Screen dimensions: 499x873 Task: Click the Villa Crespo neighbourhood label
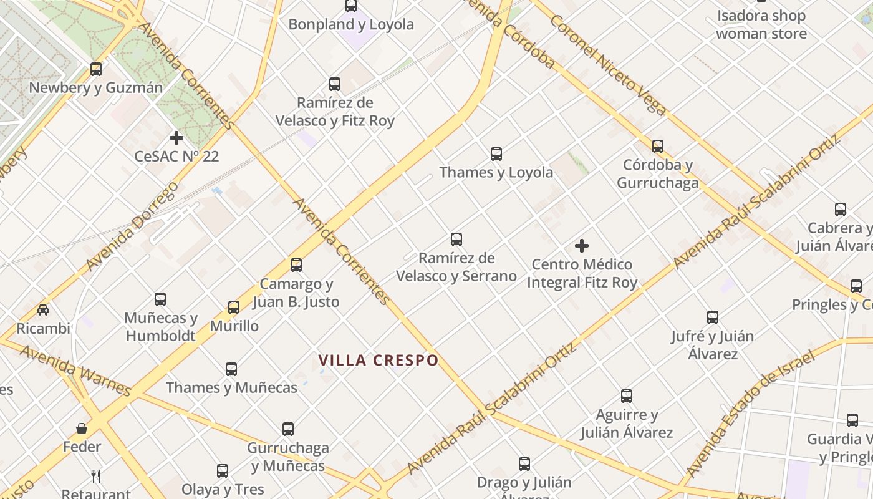tap(379, 361)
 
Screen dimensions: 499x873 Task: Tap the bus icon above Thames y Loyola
tap(496, 153)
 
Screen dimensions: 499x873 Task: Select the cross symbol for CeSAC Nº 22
tap(176, 137)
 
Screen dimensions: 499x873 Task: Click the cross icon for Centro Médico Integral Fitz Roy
tap(582, 246)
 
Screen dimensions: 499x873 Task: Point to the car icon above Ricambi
tap(43, 310)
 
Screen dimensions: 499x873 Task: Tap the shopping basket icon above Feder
tap(82, 429)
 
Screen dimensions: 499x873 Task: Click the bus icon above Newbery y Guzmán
tap(96, 69)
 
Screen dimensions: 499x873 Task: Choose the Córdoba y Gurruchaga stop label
tap(658, 174)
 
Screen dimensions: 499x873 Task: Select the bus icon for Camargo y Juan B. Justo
tap(296, 265)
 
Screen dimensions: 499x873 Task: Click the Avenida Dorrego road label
tap(132, 226)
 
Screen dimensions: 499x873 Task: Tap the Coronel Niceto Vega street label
tap(609, 64)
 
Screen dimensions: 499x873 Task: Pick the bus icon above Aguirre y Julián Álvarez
tap(627, 396)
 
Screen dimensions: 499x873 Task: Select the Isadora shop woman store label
tap(761, 24)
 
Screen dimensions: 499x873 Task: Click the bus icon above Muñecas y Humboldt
tap(160, 299)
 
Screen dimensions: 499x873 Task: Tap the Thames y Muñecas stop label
tap(231, 387)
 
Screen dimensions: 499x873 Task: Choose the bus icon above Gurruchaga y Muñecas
tap(288, 429)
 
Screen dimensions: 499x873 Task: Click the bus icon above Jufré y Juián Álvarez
tap(713, 317)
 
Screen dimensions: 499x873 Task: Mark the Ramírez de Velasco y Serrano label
tap(456, 267)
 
